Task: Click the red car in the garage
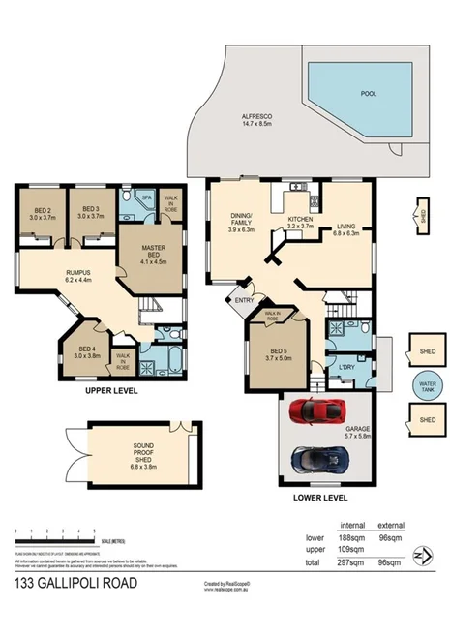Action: (320, 411)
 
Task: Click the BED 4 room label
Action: (87, 351)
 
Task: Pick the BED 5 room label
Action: (277, 353)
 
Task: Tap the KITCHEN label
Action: (301, 224)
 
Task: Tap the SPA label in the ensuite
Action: (147, 197)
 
